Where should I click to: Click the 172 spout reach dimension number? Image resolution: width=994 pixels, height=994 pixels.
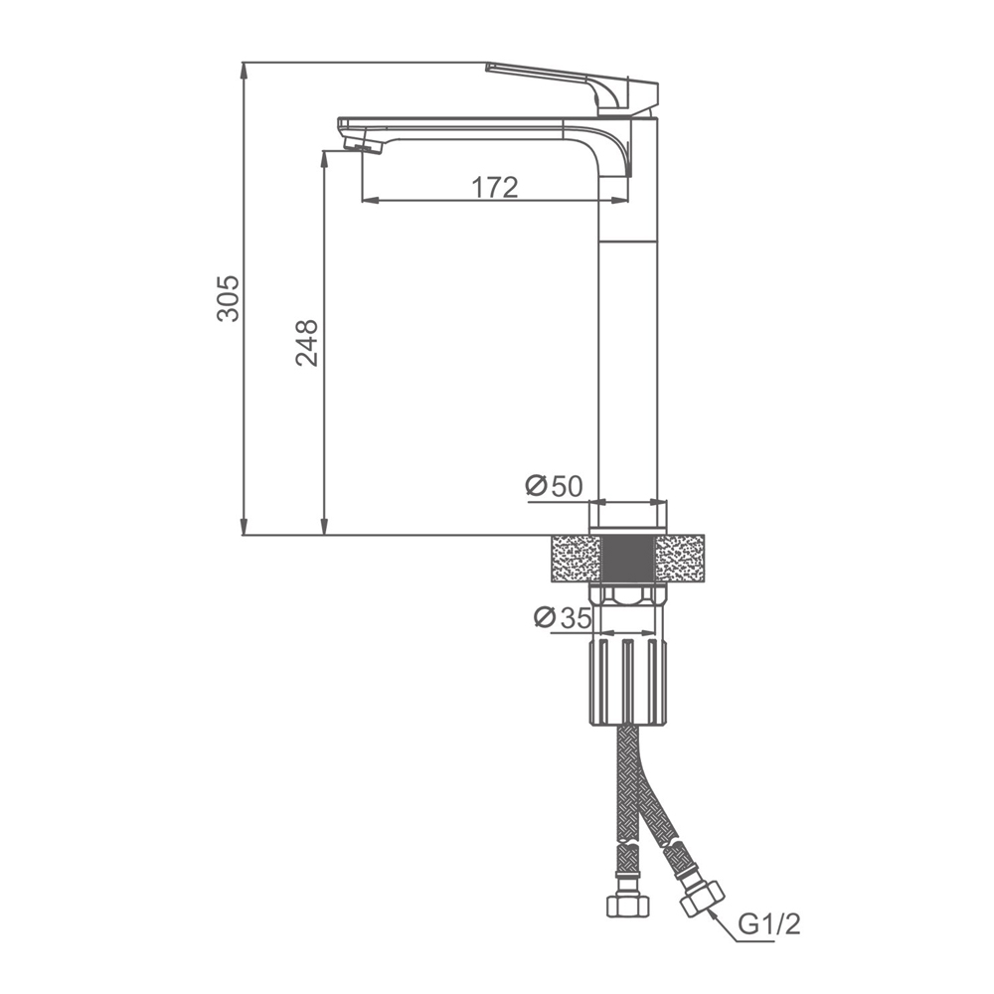coord(494,187)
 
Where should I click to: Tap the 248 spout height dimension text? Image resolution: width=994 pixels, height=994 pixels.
coord(307,343)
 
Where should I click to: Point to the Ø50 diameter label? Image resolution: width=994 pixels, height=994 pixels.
coord(554,486)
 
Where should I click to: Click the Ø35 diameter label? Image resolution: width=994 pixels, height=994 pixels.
coord(563,617)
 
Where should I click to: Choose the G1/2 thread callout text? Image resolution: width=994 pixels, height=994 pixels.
coord(769,924)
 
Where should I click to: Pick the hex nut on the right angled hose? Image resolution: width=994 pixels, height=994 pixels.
coord(702,899)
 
